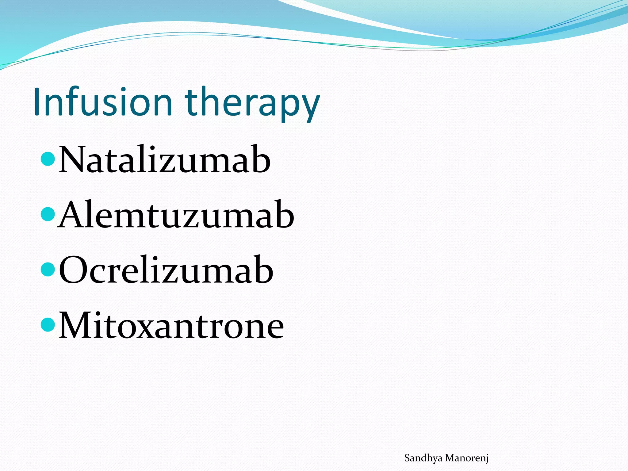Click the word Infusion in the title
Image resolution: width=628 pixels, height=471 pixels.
103,102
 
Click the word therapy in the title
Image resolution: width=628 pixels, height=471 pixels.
252,104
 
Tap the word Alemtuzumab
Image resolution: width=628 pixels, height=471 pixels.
176,215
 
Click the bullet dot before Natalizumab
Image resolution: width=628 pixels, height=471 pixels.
48,159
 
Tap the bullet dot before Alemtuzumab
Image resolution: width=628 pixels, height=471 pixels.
48,214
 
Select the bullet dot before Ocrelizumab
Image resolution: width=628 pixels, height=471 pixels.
48,269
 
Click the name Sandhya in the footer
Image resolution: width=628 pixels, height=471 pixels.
423,458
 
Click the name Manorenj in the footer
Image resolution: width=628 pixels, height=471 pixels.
467,458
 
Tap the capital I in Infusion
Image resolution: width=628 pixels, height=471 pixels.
37,102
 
